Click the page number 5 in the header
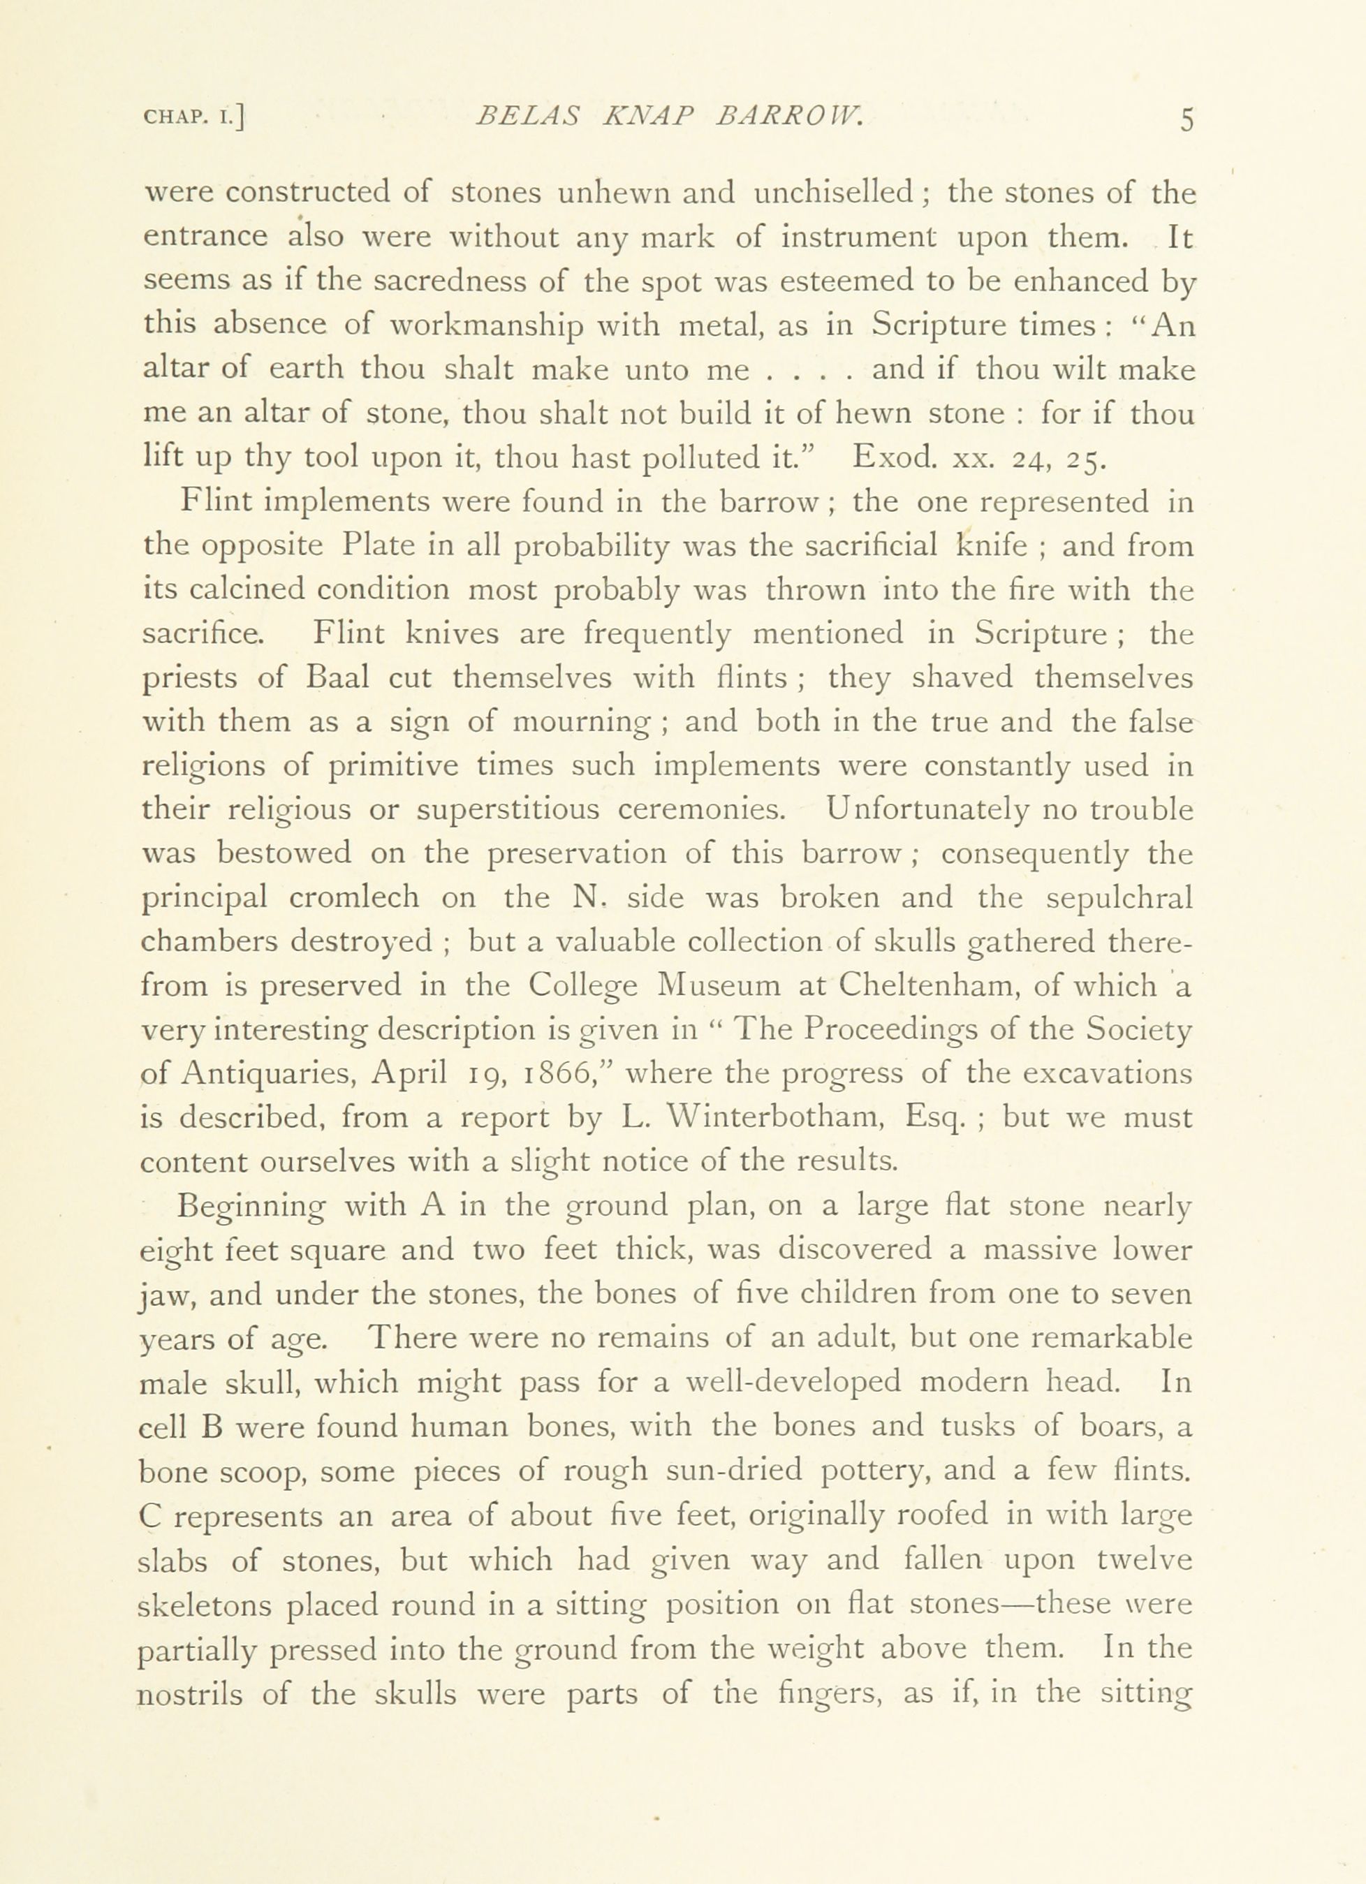click(x=1186, y=119)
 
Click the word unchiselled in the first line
click(x=842, y=193)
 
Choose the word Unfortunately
click(x=927, y=810)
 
